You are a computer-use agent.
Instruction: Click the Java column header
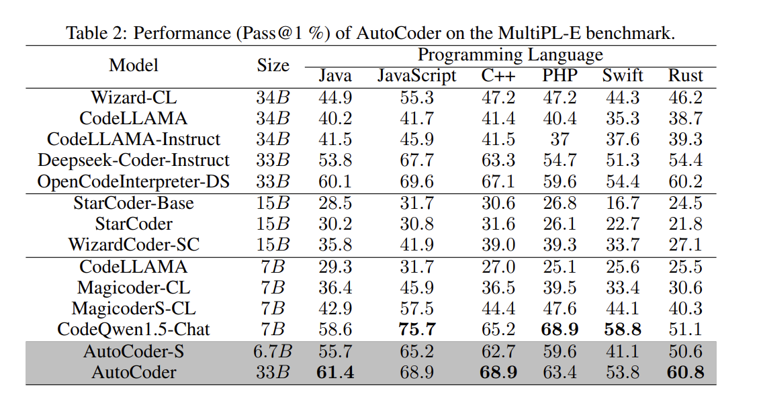pos(334,76)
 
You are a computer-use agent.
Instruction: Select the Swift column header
pos(623,76)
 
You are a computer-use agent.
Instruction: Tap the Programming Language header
pos(510,55)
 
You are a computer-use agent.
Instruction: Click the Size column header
pos(273,65)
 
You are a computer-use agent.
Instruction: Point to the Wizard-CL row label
pos(134,97)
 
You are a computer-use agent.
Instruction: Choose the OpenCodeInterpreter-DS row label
pos(134,181)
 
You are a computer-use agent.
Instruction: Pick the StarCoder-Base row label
pos(134,203)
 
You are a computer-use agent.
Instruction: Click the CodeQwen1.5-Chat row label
pos(134,329)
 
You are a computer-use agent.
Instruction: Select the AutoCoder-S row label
pos(134,351)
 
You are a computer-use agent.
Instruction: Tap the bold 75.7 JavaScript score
pos(417,329)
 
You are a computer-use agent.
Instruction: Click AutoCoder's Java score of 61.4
pos(334,372)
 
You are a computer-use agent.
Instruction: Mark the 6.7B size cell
pos(273,351)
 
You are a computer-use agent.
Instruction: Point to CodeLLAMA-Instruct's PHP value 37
pos(560,139)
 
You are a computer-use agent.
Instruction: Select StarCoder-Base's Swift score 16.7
pos(623,203)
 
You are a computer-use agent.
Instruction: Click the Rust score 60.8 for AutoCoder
pos(685,372)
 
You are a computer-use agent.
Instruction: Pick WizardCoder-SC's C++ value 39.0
pos(498,245)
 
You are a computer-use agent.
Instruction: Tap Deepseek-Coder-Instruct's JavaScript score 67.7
pos(417,161)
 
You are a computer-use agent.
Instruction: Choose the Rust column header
pos(685,76)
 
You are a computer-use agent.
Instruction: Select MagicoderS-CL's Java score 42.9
pos(334,308)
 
